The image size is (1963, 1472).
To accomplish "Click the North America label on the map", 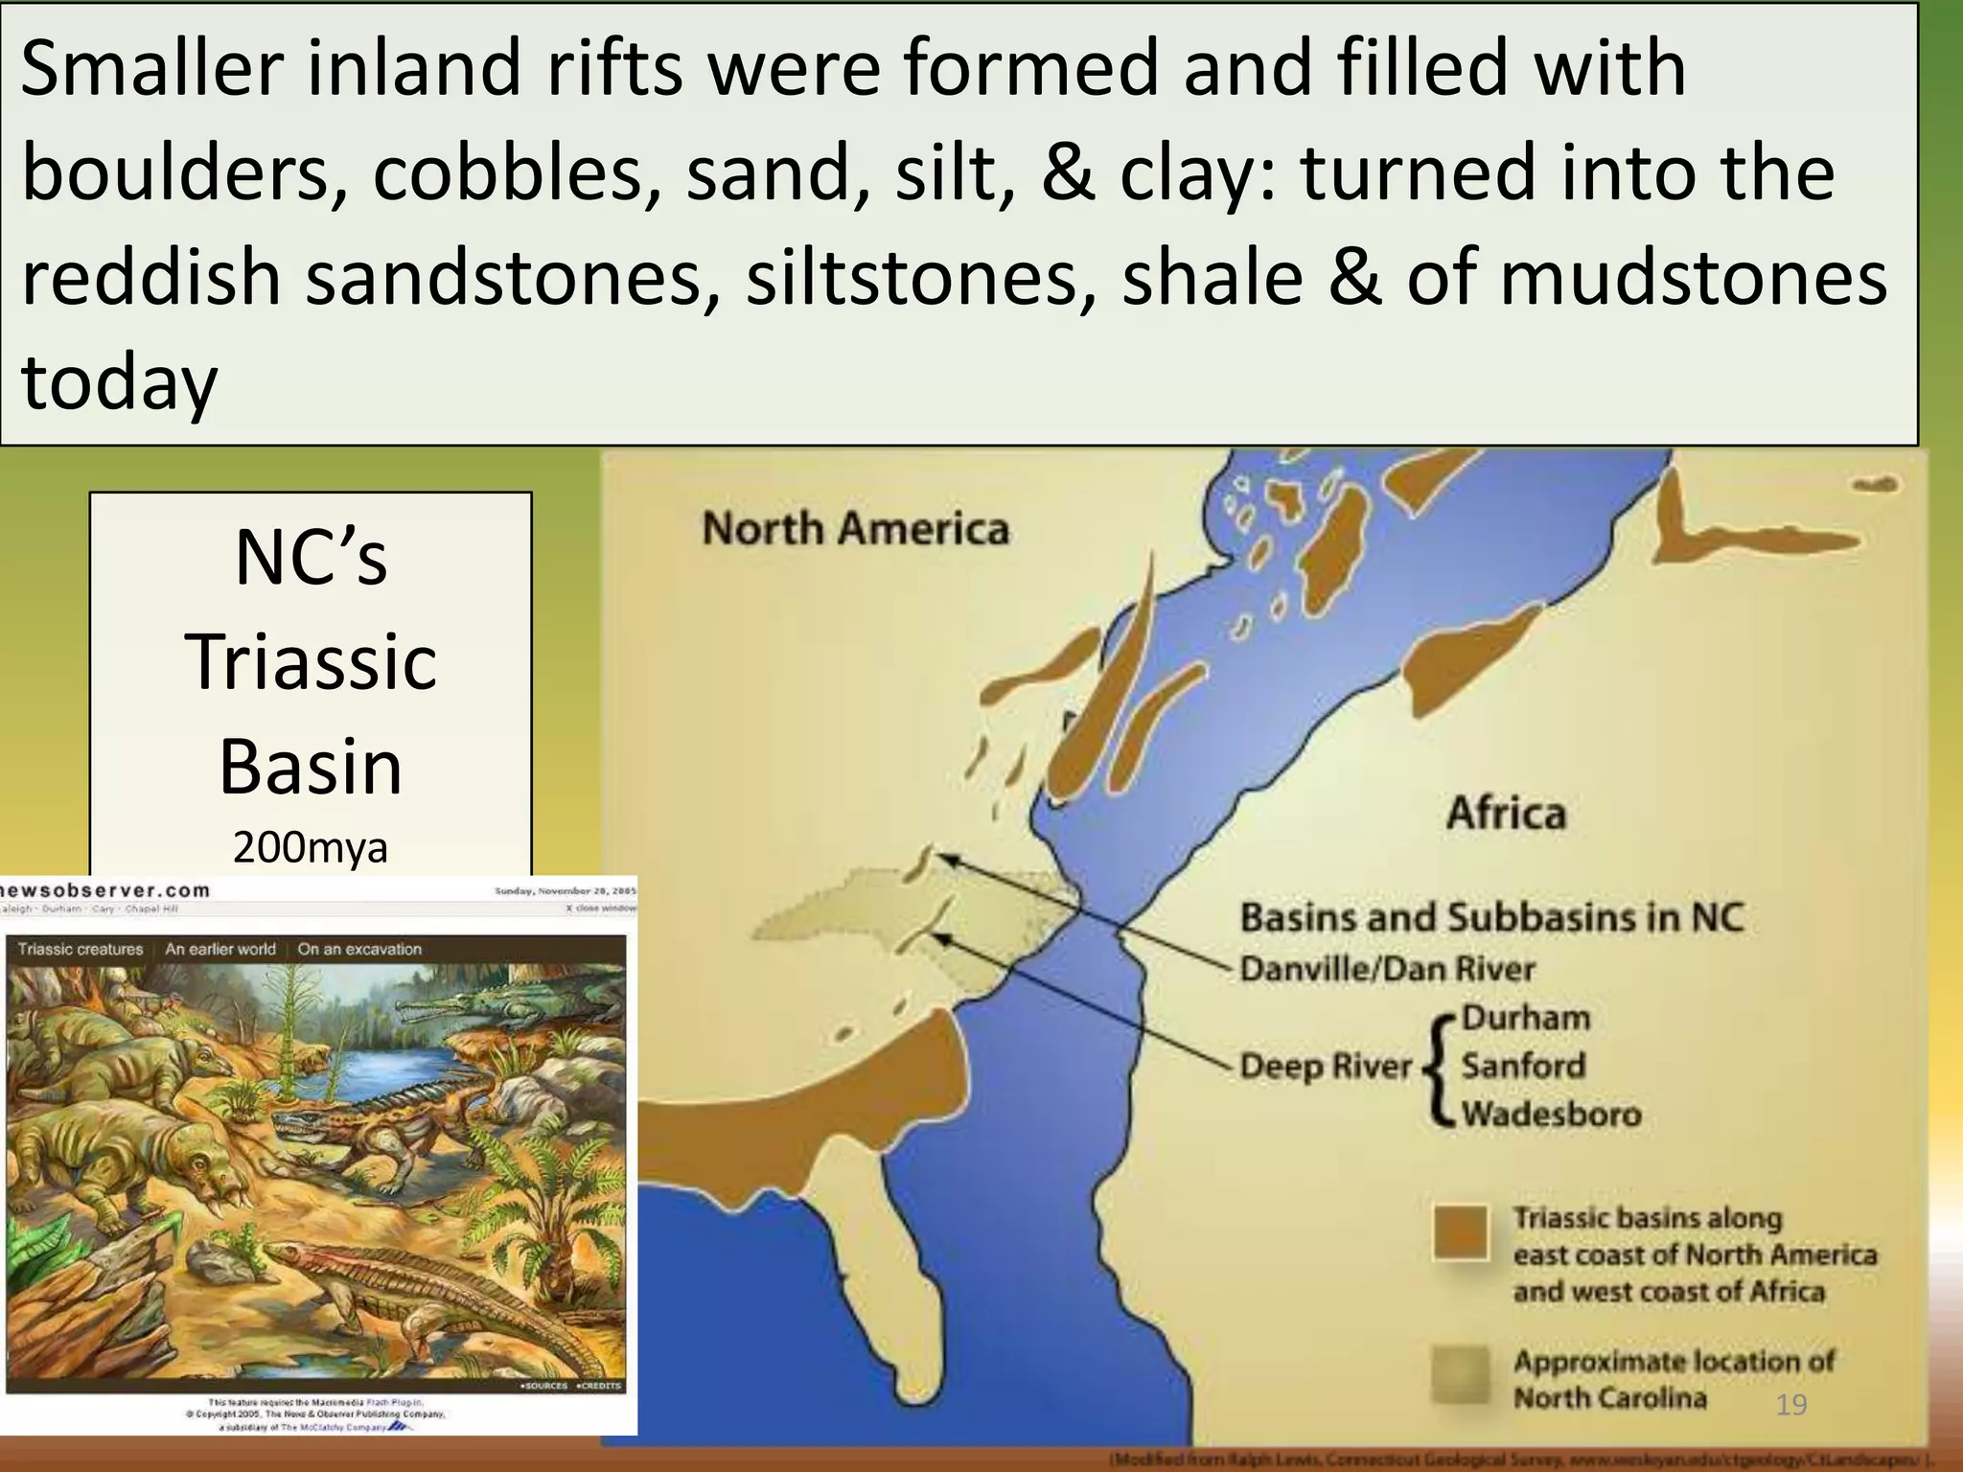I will coord(855,529).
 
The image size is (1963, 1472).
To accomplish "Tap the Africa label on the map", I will coord(1506,813).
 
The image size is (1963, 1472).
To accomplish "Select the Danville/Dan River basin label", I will coord(1387,969).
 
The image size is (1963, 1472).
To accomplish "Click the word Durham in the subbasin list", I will coord(1525,1018).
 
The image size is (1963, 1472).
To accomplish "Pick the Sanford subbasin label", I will coord(1523,1066).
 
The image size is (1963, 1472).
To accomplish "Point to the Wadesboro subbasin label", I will coord(1551,1114).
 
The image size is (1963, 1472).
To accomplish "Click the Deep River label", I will coord(1326,1066).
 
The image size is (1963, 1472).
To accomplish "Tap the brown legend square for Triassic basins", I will coord(1461,1232).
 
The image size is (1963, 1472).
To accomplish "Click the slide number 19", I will coord(1790,1405).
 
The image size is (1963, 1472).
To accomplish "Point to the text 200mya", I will coord(310,847).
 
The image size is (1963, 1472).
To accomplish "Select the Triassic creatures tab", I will coord(81,949).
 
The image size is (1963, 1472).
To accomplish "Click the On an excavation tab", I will coord(359,949).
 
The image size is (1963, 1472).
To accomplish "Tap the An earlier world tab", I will coord(220,949).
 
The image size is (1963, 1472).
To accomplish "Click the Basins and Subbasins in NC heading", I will coord(1491,917).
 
